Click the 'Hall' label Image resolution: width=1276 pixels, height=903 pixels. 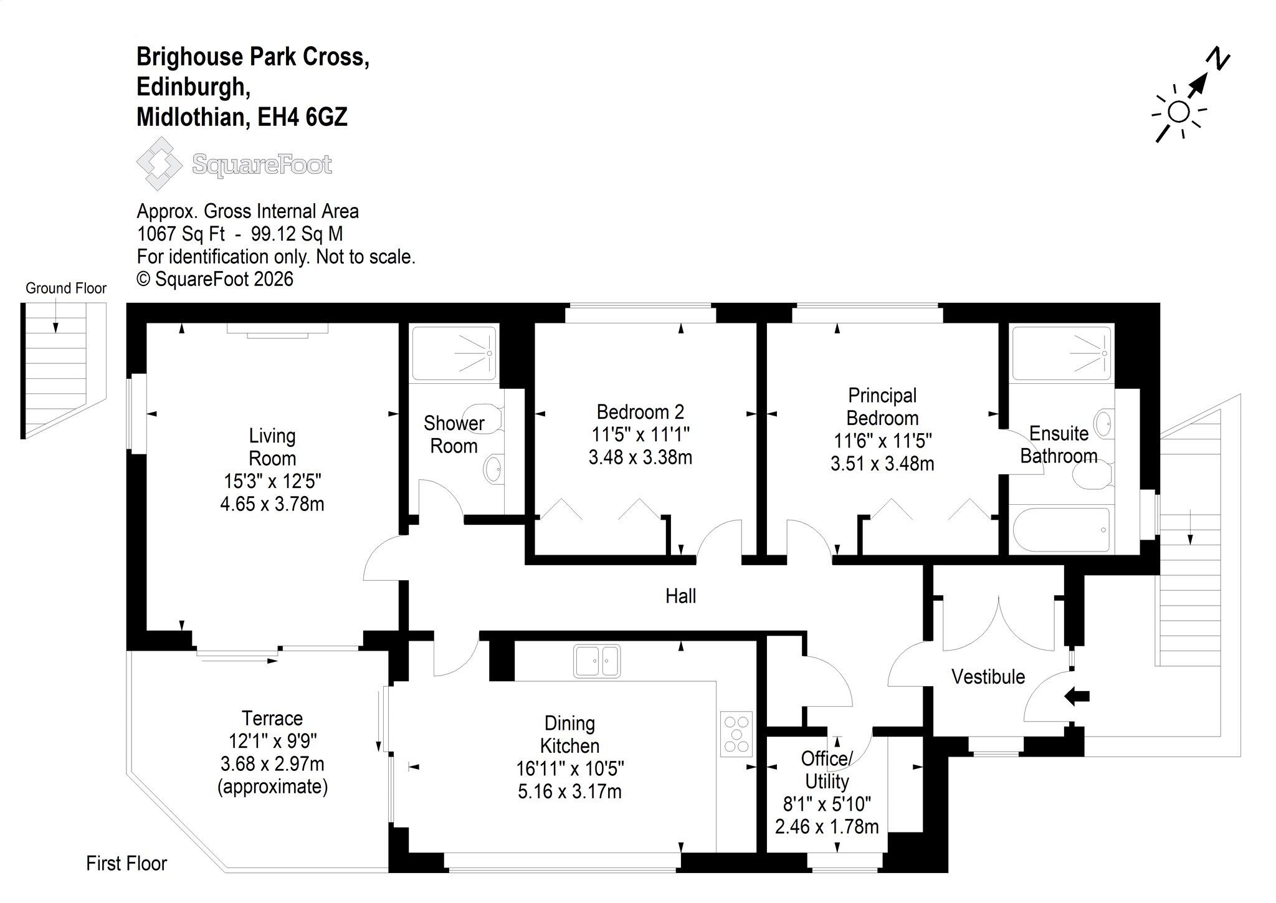coord(680,596)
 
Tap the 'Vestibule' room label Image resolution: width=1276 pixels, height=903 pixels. coord(988,677)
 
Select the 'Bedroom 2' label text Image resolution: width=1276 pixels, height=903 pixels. coord(640,412)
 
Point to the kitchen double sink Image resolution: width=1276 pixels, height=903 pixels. coord(597,661)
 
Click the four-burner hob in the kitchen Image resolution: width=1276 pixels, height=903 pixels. coord(736,734)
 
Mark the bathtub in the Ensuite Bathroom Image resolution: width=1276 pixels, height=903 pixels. coord(1062,530)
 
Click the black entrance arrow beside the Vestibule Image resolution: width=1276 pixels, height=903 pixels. coord(1077,696)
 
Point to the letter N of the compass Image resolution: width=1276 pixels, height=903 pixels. coord(1219,59)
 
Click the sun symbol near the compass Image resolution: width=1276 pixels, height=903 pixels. coord(1179,113)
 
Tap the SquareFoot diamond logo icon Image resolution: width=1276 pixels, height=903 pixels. coord(159,164)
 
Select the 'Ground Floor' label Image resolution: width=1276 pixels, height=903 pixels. coord(66,289)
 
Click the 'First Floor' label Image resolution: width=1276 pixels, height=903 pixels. coord(126,863)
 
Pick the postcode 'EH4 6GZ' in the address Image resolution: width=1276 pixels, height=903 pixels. coord(303,117)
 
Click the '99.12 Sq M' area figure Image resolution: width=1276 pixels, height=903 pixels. coord(297,234)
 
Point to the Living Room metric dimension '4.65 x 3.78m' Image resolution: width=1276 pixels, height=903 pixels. coord(272,504)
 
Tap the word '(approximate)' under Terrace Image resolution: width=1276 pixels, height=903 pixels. coord(272,787)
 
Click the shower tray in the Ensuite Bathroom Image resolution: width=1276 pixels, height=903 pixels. coord(1062,353)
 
